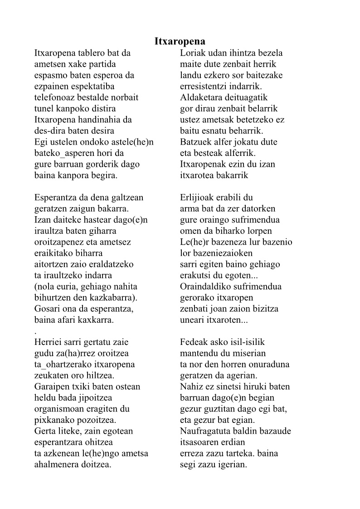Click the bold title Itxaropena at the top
coord(180,42)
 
